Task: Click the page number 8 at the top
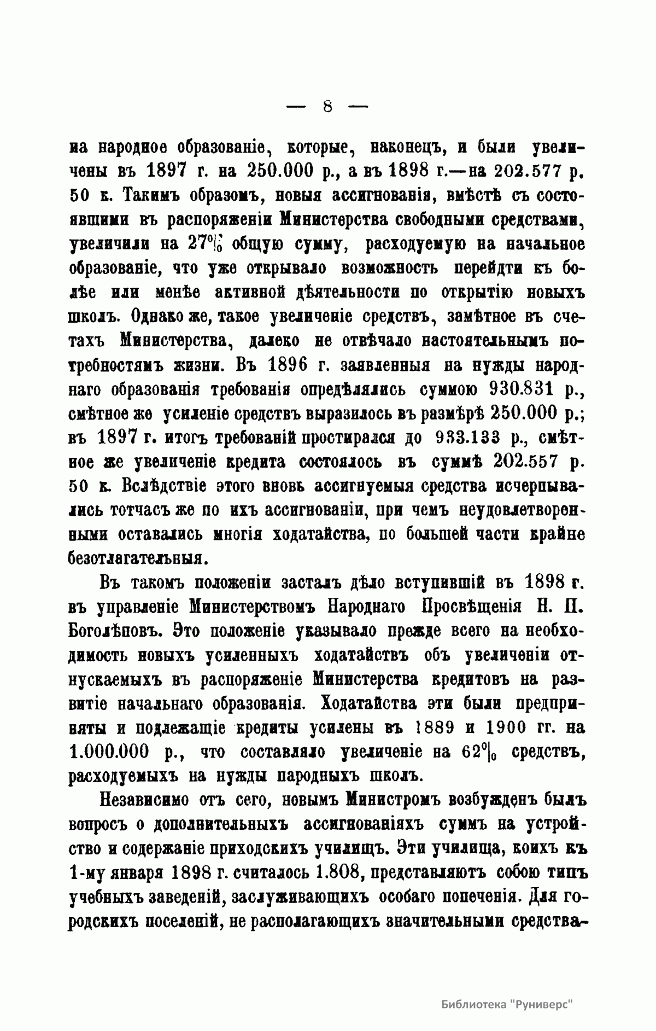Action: (327, 106)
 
